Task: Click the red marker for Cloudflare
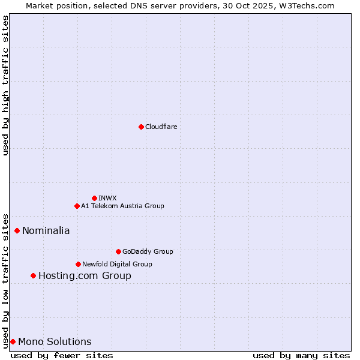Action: click(141, 127)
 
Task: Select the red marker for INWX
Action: click(94, 198)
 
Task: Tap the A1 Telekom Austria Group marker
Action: click(77, 206)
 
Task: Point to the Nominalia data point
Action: click(17, 230)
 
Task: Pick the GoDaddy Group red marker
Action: click(118, 251)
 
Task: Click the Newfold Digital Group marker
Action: click(78, 264)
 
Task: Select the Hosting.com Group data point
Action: click(33, 275)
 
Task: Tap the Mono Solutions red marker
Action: click(13, 341)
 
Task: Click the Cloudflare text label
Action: click(161, 127)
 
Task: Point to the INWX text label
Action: click(107, 198)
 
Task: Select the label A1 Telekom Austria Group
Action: click(122, 206)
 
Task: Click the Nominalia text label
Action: click(46, 230)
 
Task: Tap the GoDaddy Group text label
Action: click(148, 251)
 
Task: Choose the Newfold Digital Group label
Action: click(117, 264)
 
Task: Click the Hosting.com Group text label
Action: click(85, 276)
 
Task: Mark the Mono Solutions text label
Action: click(55, 342)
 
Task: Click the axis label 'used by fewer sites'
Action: click(62, 355)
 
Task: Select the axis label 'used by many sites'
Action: click(301, 355)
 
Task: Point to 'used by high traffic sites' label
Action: click(5, 85)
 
